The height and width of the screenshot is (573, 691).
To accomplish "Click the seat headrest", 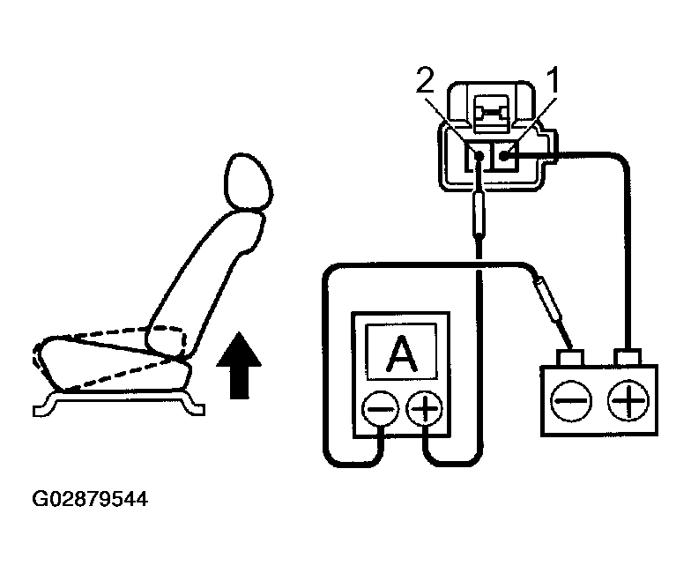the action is (249, 182).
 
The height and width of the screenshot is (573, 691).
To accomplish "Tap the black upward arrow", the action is (239, 365).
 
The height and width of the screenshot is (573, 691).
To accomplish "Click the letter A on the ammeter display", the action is (401, 353).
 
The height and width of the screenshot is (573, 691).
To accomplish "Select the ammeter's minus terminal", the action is (380, 409).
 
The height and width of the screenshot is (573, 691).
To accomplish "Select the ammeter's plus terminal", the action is (424, 409).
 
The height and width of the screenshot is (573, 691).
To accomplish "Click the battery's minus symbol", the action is (571, 401).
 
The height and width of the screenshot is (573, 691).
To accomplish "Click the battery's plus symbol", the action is (628, 400).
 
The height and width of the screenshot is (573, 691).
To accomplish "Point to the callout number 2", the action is (426, 80).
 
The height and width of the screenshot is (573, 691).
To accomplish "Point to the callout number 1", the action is (552, 80).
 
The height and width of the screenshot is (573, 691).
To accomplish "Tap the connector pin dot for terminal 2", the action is (479, 155).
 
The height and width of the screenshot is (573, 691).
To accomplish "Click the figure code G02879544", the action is (90, 499).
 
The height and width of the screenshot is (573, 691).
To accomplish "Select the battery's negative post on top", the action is (571, 358).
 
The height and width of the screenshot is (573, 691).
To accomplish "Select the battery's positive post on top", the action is (628, 357).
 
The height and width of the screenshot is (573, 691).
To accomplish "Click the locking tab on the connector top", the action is (492, 114).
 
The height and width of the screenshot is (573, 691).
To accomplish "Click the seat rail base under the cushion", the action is (119, 402).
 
